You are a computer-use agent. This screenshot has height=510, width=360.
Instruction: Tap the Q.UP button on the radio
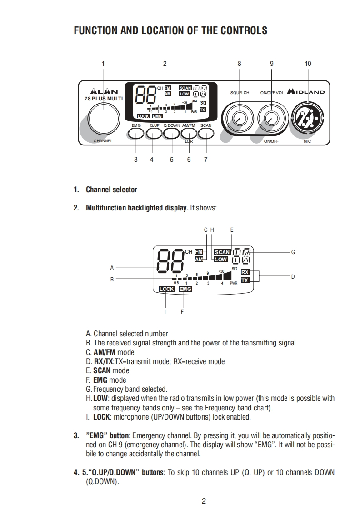pos(154,133)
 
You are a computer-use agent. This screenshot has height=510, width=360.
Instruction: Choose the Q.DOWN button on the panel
pos(172,133)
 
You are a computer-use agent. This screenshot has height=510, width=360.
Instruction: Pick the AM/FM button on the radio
pos(189,133)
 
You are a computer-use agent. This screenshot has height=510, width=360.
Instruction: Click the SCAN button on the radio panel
pos(205,133)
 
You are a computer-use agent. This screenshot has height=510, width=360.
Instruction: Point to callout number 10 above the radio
pos(308,64)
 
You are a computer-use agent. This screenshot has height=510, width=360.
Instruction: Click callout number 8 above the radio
pos(240,64)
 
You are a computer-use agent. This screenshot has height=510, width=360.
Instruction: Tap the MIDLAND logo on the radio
pos(305,92)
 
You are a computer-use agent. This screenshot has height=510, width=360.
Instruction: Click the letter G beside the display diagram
pos(293,252)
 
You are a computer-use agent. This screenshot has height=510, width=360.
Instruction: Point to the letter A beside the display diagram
pos(112,267)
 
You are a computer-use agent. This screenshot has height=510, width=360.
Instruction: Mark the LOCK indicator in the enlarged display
pos(166,289)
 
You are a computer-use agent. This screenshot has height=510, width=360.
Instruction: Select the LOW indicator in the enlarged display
pos(221,260)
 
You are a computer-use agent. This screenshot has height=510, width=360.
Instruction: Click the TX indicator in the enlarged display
pos(245,280)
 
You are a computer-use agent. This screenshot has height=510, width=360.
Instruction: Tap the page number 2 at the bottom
pos(204,501)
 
